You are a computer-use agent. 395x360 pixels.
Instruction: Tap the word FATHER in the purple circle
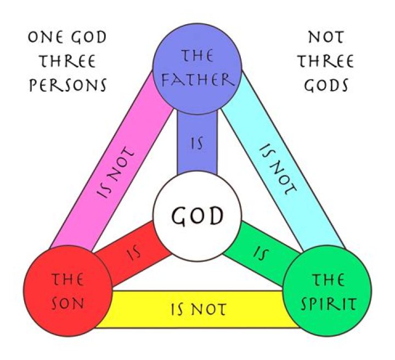point(197,80)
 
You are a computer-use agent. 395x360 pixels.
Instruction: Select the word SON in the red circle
point(68,302)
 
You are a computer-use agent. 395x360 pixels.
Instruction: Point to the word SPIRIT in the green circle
point(328,302)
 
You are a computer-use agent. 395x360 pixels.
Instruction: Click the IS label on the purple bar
point(197,144)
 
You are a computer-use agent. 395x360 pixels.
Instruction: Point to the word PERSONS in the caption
point(66,86)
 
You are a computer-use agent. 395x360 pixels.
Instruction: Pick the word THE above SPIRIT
point(328,279)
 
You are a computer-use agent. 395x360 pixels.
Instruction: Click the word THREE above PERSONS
point(66,61)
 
